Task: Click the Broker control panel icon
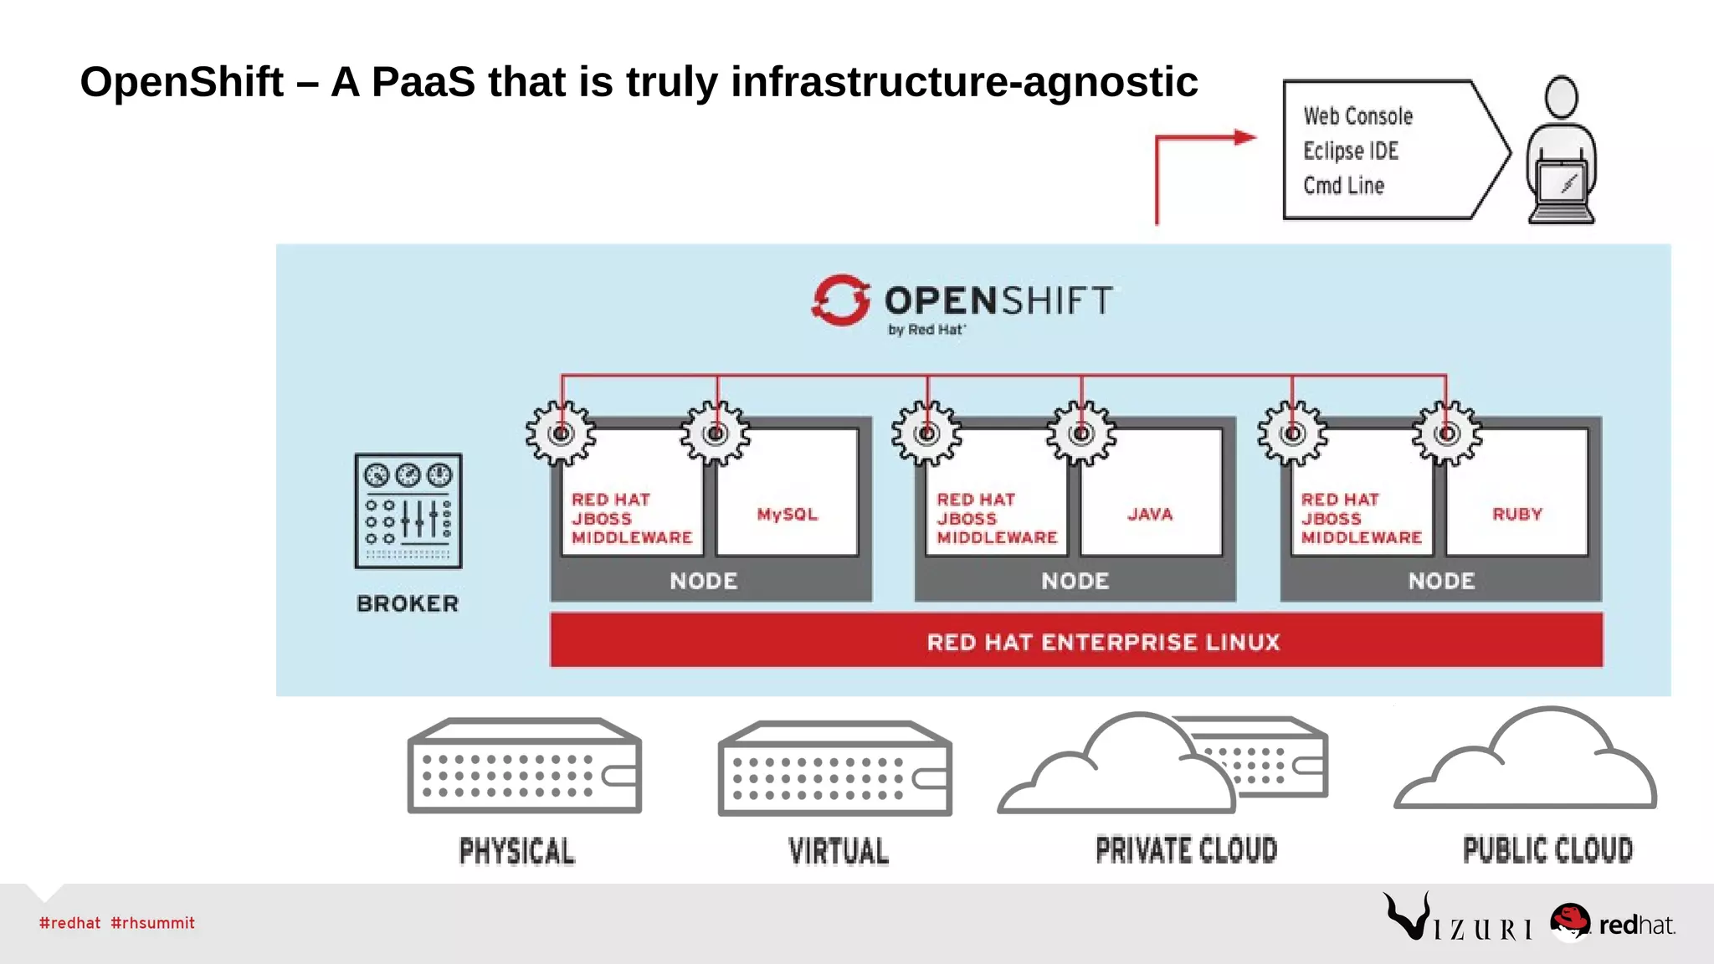408,510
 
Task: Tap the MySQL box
788,502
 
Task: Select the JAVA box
1151,502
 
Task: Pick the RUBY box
1516,502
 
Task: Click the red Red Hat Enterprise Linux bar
1076,641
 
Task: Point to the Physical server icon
525,766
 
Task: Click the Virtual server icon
835,768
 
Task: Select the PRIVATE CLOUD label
1186,850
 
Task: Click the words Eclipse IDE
1351,151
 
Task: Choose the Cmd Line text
1343,186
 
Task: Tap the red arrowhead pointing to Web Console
1245,137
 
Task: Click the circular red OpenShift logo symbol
840,300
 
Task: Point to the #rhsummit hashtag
152,923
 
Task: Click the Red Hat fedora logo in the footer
1570,921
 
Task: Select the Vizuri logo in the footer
1457,920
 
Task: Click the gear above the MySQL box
716,433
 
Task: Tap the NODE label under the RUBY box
1441,581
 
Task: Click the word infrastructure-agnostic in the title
964,82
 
